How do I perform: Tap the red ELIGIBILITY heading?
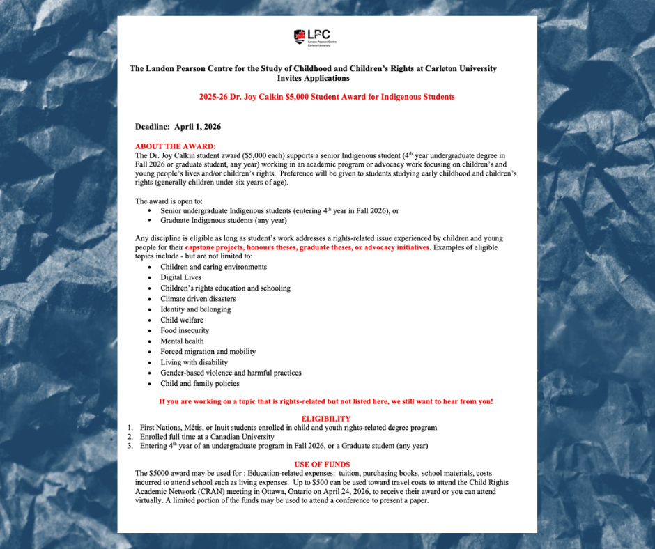pyautogui.click(x=326, y=419)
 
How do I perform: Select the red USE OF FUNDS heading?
pyautogui.click(x=322, y=464)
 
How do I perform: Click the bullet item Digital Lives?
pyautogui.click(x=180, y=277)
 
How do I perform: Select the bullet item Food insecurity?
pyautogui.click(x=185, y=330)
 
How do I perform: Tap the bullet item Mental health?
pyautogui.click(x=182, y=341)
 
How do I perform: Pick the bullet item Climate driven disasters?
pyautogui.click(x=198, y=299)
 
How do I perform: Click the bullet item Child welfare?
pyautogui.click(x=182, y=320)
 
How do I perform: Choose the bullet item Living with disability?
pyautogui.click(x=194, y=362)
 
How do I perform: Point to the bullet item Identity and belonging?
pyautogui.click(x=195, y=309)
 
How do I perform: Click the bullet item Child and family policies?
pyautogui.click(x=199, y=384)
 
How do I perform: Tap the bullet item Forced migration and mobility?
pyautogui.click(x=208, y=352)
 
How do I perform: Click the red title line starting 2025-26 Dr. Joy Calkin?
pyautogui.click(x=326, y=97)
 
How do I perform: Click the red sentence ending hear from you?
pyautogui.click(x=325, y=401)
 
